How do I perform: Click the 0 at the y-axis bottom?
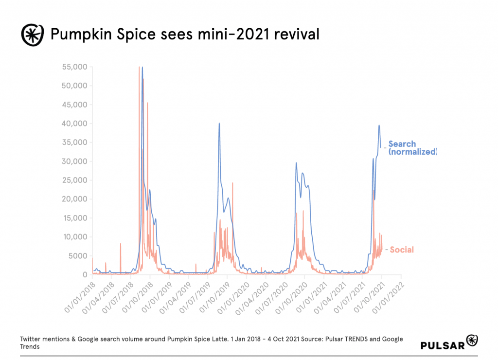pos(84,275)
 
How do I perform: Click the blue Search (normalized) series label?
pos(412,148)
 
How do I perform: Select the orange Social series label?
pos(402,250)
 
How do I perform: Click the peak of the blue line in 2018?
pos(142,67)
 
